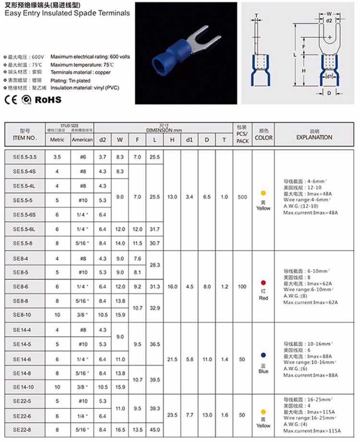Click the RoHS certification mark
(x=48, y=99)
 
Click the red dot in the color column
(x=263, y=282)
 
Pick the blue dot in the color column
(x=263, y=355)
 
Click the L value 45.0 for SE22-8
(x=155, y=430)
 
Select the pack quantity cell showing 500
(x=242, y=197)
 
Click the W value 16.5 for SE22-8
(x=120, y=430)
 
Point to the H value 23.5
(x=172, y=415)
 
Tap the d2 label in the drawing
(x=329, y=22)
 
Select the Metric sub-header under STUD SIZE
(x=57, y=140)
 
